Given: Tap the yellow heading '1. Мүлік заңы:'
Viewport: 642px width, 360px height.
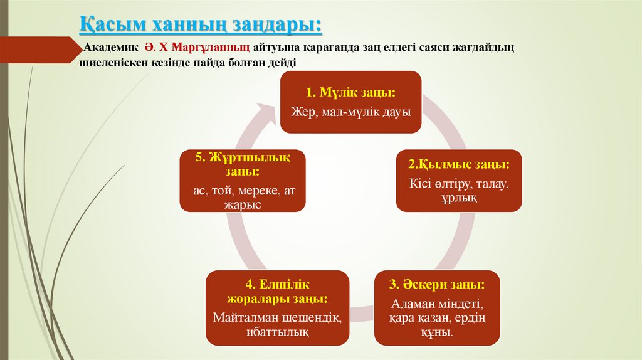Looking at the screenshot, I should click(x=350, y=92).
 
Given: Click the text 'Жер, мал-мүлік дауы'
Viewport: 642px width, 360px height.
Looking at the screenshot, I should click(x=350, y=112).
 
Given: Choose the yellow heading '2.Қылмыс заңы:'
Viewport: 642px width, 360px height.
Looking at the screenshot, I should click(x=458, y=164).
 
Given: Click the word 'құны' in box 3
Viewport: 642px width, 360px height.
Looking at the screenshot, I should click(x=437, y=333).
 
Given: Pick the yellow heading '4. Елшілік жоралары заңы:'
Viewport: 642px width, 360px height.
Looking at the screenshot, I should click(x=277, y=291).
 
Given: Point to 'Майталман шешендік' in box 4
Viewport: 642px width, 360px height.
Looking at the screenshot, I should click(x=277, y=318).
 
